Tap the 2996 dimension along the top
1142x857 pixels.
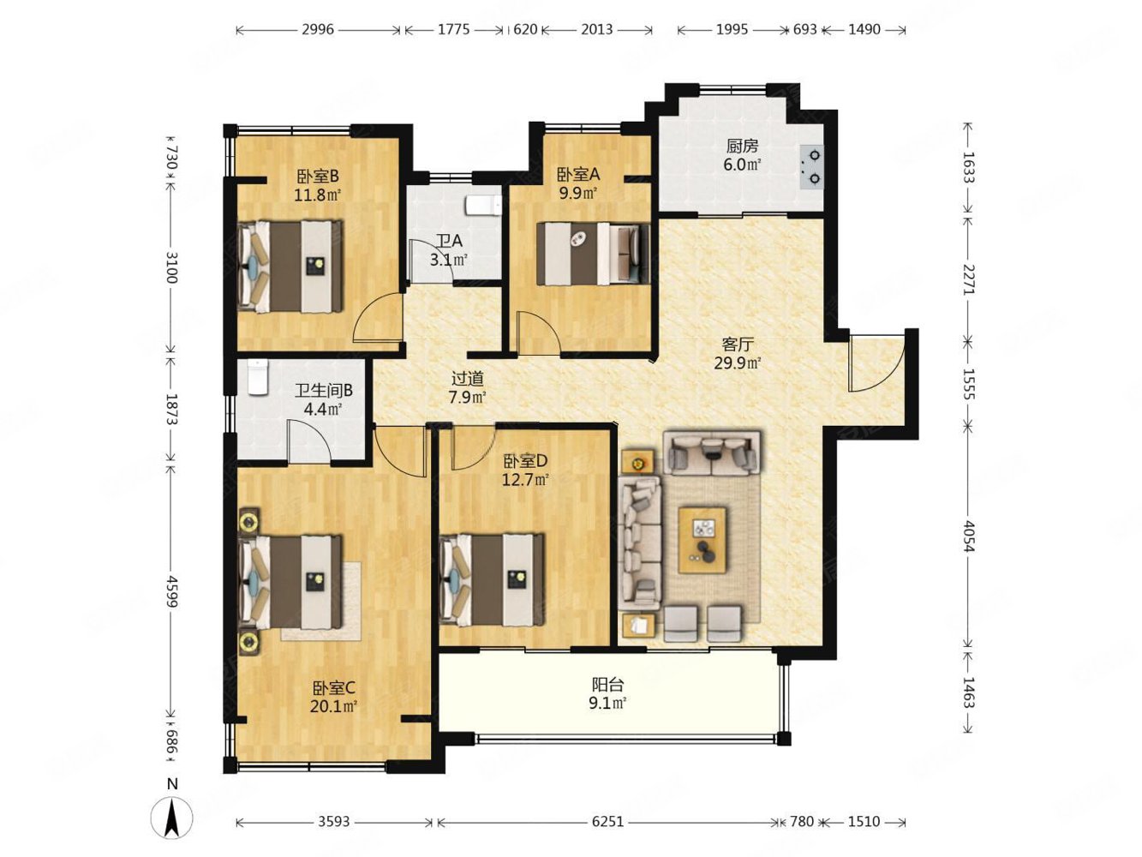pyautogui.click(x=317, y=30)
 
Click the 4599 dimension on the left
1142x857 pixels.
pyautogui.click(x=171, y=590)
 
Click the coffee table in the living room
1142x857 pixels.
pyautogui.click(x=703, y=541)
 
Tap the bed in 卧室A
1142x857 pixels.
pyautogui.click(x=593, y=254)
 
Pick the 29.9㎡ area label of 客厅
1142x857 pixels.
pyautogui.click(x=738, y=363)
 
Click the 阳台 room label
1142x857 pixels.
pyautogui.click(x=607, y=684)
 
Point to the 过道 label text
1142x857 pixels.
pyautogui.click(x=467, y=378)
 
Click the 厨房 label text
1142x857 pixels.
pyautogui.click(x=742, y=147)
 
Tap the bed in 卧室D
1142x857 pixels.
pyautogui.click(x=492, y=578)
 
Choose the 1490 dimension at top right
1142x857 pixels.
pyautogui.click(x=864, y=30)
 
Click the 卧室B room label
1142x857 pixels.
pyautogui.click(x=318, y=177)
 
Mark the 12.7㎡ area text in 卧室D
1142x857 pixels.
pyautogui.click(x=525, y=480)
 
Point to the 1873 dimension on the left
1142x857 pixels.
pyautogui.click(x=171, y=410)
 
